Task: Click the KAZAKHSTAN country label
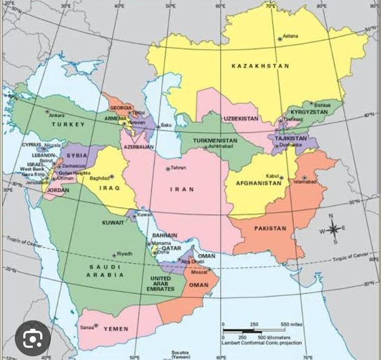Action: point(260,66)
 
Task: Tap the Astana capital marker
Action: point(280,39)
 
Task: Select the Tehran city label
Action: point(178,168)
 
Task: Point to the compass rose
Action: point(333,229)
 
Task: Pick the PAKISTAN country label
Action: point(270,229)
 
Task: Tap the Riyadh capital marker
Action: point(114,255)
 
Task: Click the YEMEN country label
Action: point(116,329)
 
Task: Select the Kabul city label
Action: point(272,176)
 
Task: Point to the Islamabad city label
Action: point(305,182)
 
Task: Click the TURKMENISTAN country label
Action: point(214,141)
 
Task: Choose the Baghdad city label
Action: point(99,178)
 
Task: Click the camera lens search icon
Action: point(33,337)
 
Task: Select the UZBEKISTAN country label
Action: point(241,119)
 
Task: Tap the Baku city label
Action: point(166,125)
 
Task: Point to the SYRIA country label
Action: point(77,155)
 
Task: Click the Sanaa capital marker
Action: point(96,326)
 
